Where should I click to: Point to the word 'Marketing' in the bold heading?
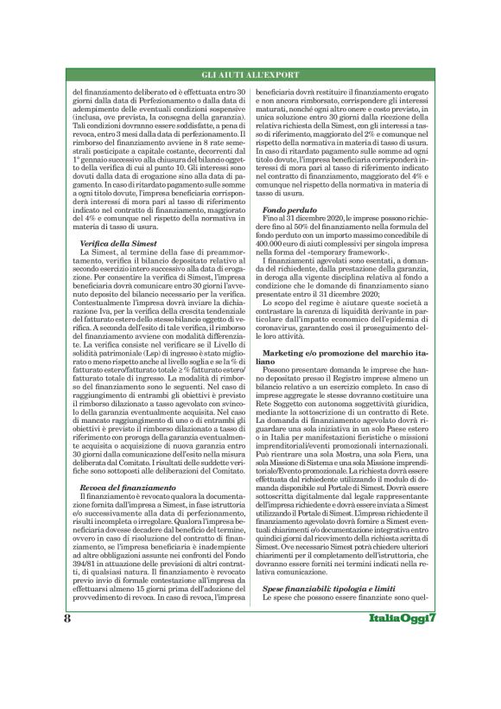pos(288,355)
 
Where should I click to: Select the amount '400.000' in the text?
pos(278,243)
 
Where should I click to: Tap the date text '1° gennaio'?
pos(95,160)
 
